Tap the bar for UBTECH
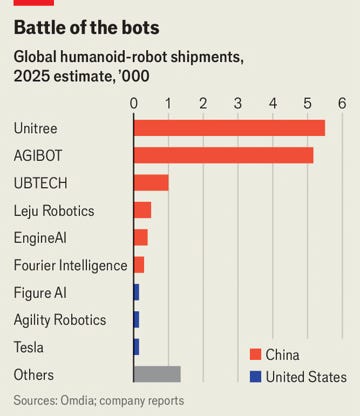pos(151,183)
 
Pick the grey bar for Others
pos(157,374)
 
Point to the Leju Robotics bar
pos(142,210)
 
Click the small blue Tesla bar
pos(136,347)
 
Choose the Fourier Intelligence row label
pos(71,265)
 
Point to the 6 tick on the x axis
pos(342,103)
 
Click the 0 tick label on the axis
pos(134,103)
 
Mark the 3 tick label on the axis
pos(238,103)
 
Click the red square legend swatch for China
pos(255,354)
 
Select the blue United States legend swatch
pos(255,377)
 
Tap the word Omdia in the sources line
pos(86,400)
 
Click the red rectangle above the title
pos(27,3)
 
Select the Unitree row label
pos(36,128)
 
